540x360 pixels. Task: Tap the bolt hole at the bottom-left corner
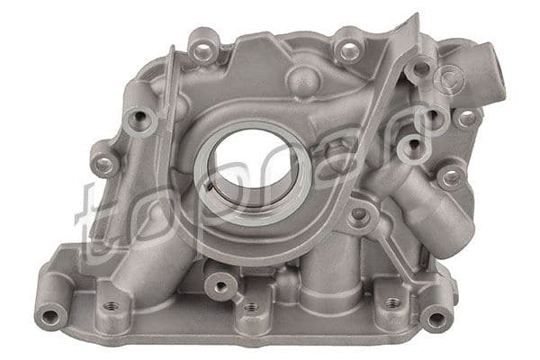point(50,316)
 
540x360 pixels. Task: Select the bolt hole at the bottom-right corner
point(437,319)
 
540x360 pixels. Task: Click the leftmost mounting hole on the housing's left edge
point(104,166)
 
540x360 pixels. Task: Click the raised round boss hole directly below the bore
point(220,286)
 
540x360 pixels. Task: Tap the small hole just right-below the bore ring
point(359,217)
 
